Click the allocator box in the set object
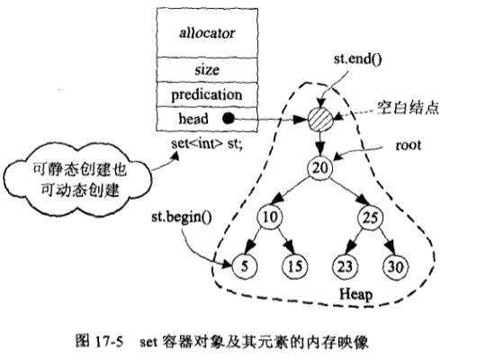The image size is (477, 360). (207, 33)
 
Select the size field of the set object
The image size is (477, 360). (207, 69)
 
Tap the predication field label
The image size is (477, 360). (207, 94)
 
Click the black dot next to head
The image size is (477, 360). (229, 119)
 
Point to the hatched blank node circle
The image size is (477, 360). (320, 119)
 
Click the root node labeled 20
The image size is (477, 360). (320, 167)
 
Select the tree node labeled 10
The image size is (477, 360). (270, 217)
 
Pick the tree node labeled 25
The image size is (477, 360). (370, 218)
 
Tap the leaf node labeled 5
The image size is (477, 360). (245, 266)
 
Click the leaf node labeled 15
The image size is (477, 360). (295, 267)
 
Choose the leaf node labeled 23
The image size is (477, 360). (345, 267)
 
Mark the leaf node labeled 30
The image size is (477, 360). (395, 267)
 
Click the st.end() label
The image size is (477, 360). (357, 59)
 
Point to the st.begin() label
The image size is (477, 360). (182, 218)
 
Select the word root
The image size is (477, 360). (409, 146)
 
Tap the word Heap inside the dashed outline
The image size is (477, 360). (355, 294)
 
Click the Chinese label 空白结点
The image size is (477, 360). (409, 108)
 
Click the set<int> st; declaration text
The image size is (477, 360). (207, 143)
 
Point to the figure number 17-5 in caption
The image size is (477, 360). (109, 342)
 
